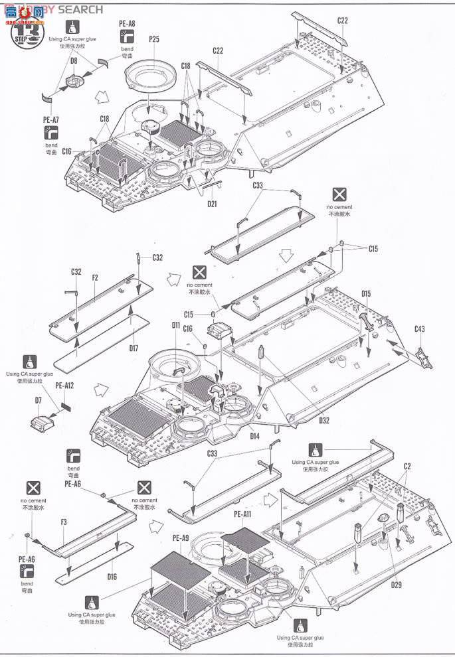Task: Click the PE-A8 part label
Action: click(127, 23)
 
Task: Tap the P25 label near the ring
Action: click(154, 39)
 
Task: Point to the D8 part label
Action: click(74, 60)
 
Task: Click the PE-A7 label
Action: click(51, 119)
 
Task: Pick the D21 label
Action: click(211, 204)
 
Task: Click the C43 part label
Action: click(419, 329)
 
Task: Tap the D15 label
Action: click(366, 293)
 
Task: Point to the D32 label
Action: click(323, 420)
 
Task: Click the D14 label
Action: click(254, 435)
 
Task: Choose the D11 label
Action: click(175, 325)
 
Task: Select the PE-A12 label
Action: click(64, 386)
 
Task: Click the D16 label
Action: click(112, 577)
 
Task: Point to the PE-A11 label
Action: click(243, 513)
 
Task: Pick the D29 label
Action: click(396, 584)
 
